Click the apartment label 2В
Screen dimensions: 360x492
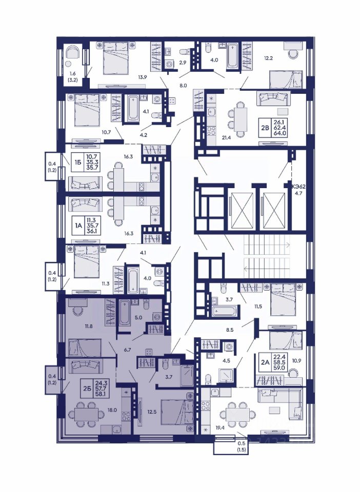(x=266, y=127)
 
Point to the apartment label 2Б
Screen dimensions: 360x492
(x=88, y=388)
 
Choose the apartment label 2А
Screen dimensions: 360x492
(x=265, y=362)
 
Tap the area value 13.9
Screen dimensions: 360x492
(x=143, y=77)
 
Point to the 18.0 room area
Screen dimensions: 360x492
(x=112, y=410)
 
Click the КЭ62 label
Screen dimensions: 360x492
(x=299, y=187)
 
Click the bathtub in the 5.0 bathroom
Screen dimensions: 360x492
(x=125, y=313)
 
